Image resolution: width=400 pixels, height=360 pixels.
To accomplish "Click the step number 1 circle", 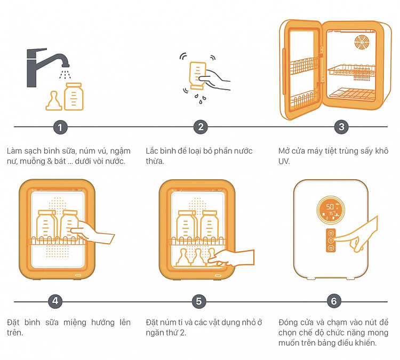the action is point(60,127).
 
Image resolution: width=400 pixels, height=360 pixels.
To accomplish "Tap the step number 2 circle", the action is point(201,127).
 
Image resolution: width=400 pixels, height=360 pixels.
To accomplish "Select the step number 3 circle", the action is point(341,127).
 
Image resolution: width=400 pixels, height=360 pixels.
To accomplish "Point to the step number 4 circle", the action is point(55,301).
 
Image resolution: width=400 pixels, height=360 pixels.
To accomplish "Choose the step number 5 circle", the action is point(199,301).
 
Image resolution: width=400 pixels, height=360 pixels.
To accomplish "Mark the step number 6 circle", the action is point(334,301).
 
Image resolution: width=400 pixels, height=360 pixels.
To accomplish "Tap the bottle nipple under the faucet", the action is point(53,101).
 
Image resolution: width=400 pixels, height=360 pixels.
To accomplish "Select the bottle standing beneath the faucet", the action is point(74,97).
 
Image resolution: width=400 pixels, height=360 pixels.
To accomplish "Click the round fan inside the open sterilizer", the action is point(362,42).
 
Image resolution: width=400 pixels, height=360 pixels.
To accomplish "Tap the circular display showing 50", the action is point(331,210).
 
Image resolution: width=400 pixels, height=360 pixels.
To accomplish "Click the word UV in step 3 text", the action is point(284,161).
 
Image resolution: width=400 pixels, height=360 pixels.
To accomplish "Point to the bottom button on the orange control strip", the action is point(331,248).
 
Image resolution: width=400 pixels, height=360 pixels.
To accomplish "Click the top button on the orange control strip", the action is point(331,233).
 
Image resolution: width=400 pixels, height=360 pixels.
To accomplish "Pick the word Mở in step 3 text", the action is point(284,151).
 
